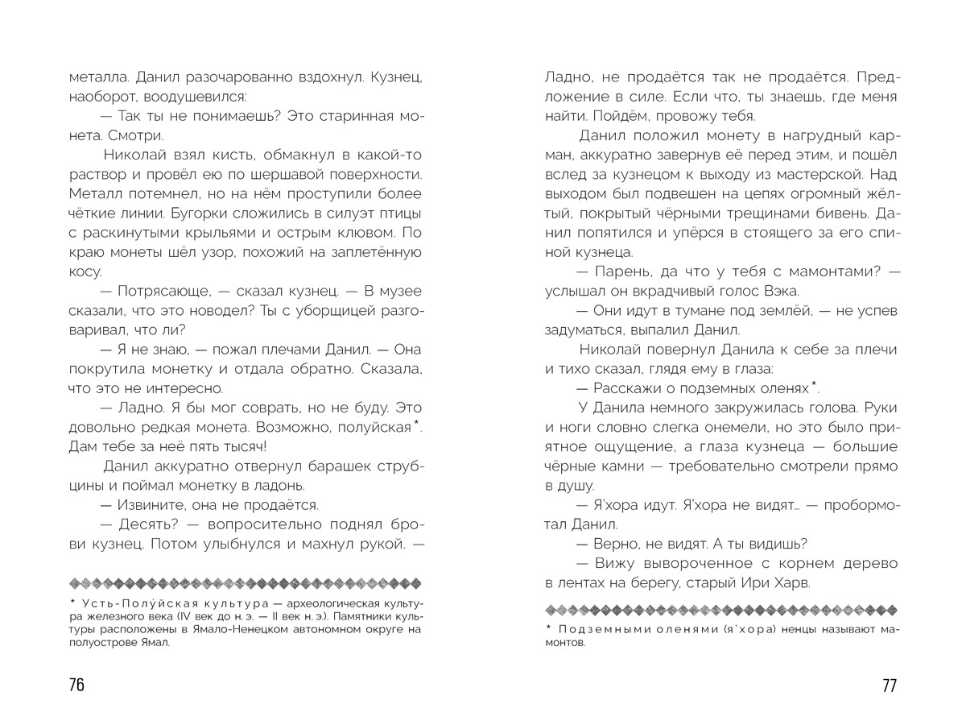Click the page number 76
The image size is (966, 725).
(76, 685)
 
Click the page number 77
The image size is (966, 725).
(889, 685)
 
